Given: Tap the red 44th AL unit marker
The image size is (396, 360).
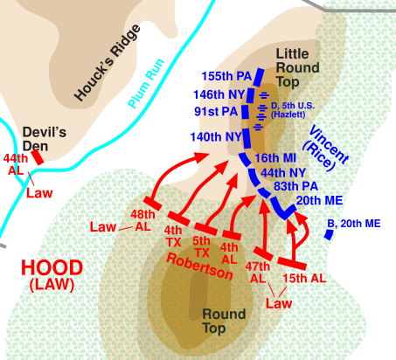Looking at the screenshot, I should (38, 157).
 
